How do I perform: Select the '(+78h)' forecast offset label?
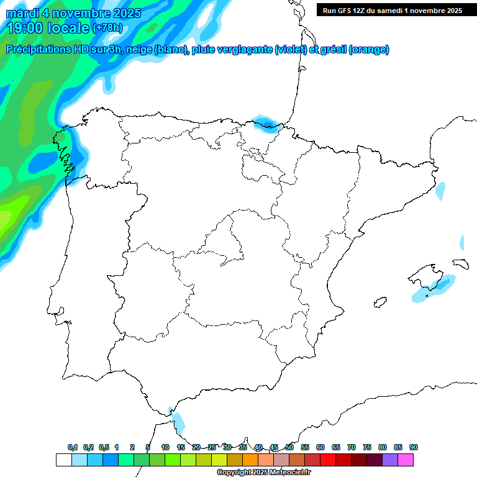pos(107,28)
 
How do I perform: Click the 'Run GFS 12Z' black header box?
pos(393,10)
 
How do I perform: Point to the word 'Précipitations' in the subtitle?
pos(38,50)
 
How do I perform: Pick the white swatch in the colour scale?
pos(63,460)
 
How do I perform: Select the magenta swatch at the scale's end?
pos(406,460)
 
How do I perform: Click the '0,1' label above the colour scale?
pos(73,447)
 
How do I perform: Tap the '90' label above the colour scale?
pos(414,447)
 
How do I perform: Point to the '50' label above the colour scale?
pos(289,447)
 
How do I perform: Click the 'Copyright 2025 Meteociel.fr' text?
pos(263,473)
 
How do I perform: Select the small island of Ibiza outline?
pos(378,303)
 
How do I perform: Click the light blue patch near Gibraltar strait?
pos(178,423)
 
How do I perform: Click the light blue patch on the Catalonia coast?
pos(440,191)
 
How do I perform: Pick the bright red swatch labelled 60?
pos(328,460)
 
